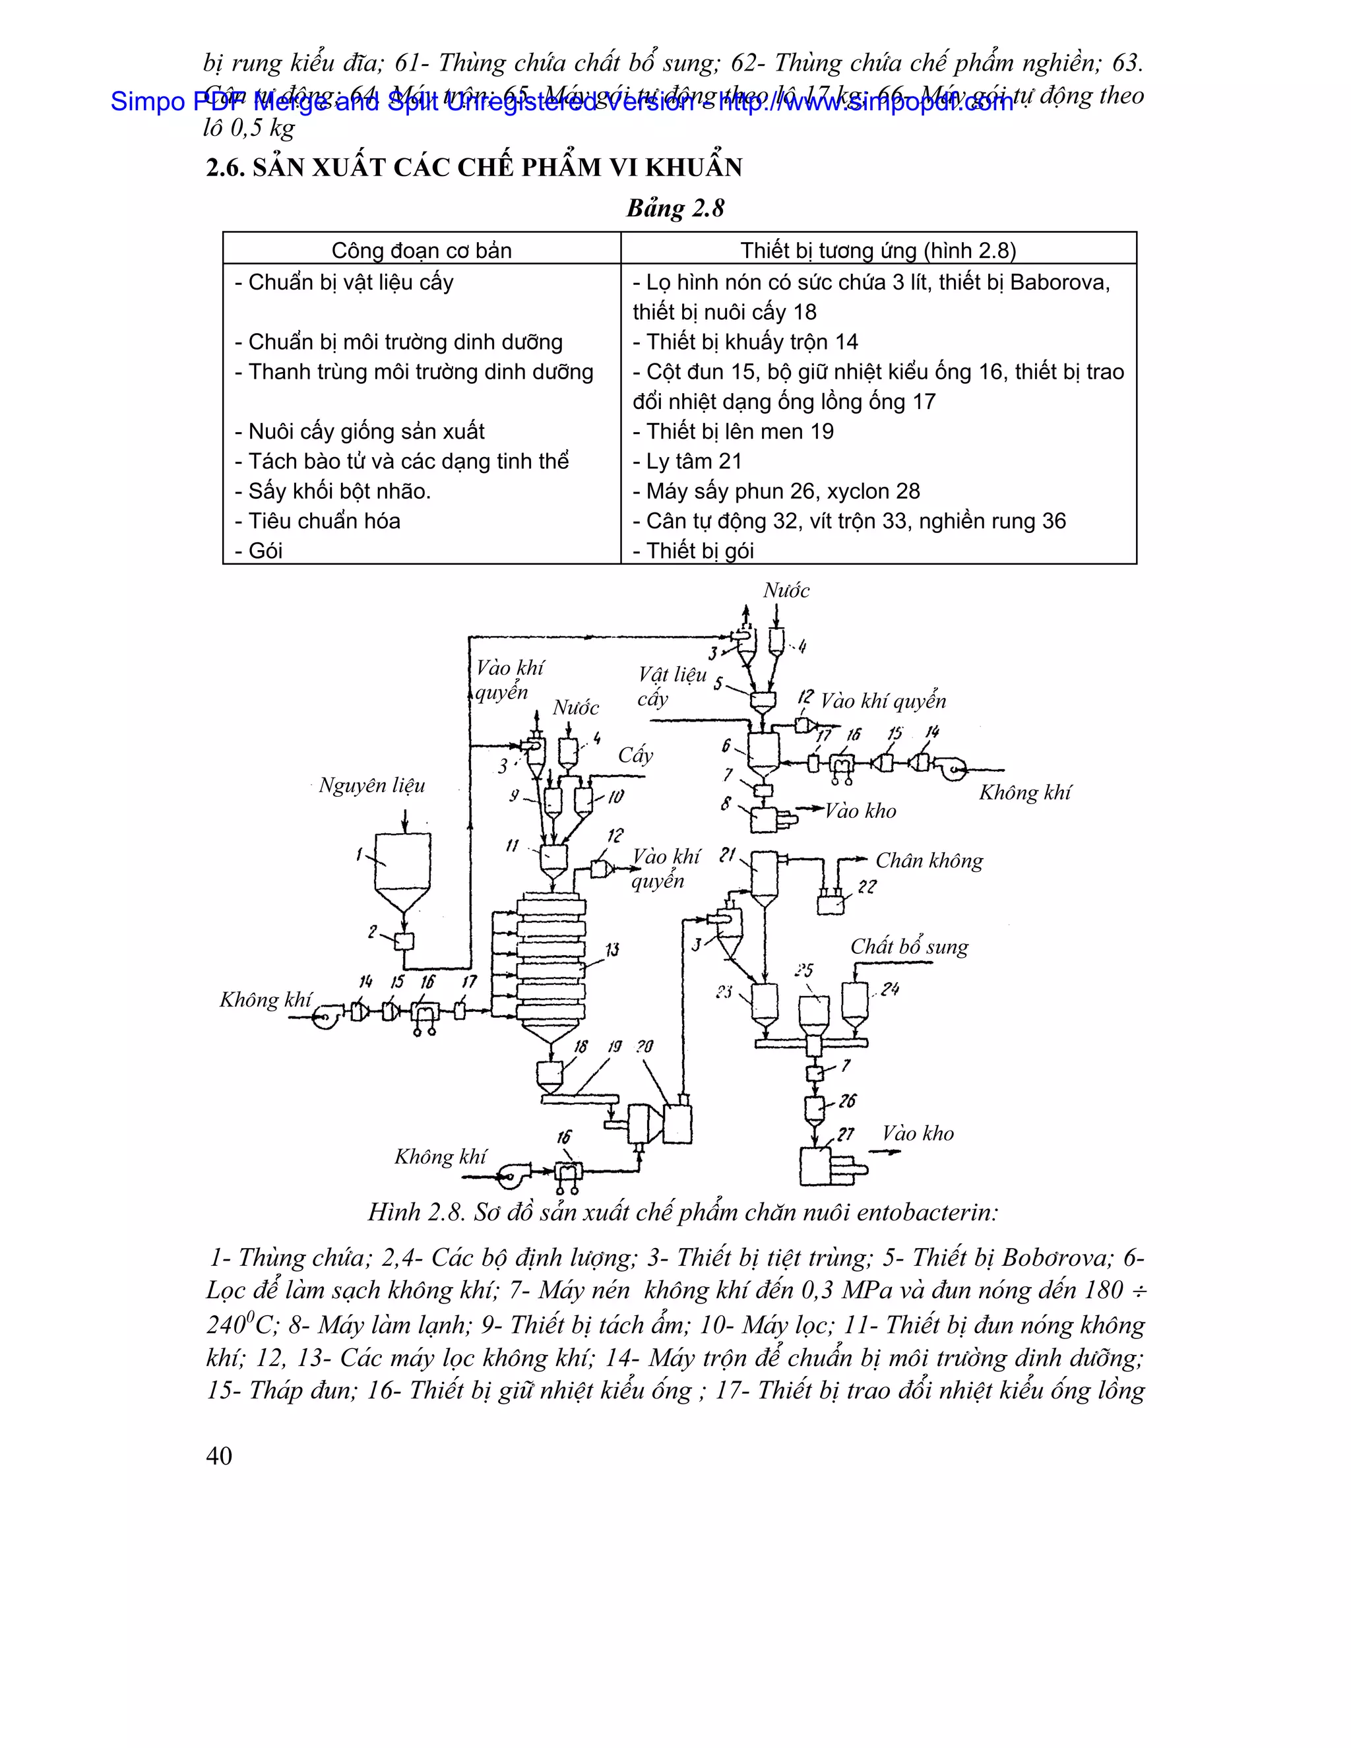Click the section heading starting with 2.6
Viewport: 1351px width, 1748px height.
point(474,168)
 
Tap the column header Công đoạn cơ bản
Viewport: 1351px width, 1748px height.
point(421,251)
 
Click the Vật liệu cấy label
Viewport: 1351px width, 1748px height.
point(671,686)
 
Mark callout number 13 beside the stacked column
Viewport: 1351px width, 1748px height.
point(612,950)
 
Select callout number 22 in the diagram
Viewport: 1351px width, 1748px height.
point(867,887)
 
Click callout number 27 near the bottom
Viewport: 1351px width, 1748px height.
point(845,1134)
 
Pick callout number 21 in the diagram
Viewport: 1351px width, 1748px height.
point(727,855)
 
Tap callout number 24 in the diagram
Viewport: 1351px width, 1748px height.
point(890,989)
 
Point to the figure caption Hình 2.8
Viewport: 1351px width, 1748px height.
point(683,1212)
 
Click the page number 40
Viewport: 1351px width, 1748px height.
point(219,1456)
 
